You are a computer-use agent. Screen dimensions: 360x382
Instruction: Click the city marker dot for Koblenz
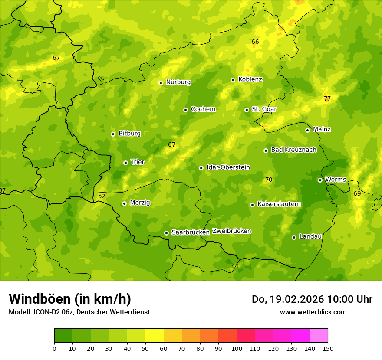pyautogui.click(x=233, y=80)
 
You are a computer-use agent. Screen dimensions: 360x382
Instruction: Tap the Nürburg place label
pyautogui.click(x=178, y=82)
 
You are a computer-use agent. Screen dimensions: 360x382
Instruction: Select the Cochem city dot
pyautogui.click(x=185, y=110)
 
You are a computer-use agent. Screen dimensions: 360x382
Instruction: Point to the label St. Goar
pyautogui.click(x=264, y=109)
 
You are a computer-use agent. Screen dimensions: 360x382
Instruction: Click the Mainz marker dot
pyautogui.click(x=307, y=130)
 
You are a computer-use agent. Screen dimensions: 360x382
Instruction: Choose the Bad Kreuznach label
pyautogui.click(x=293, y=150)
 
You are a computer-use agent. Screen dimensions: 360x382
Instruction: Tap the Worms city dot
pyautogui.click(x=320, y=180)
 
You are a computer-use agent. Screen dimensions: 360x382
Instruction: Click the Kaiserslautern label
pyautogui.click(x=279, y=204)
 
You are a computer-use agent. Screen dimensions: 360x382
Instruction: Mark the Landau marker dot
pyautogui.click(x=294, y=237)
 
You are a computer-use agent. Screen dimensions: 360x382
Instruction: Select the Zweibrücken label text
pyautogui.click(x=231, y=231)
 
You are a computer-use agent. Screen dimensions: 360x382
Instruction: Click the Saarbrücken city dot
pyautogui.click(x=166, y=233)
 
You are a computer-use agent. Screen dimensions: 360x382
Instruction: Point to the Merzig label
pyautogui.click(x=140, y=203)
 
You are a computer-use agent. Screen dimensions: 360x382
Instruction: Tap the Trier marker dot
pyautogui.click(x=125, y=163)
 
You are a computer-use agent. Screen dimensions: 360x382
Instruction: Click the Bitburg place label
pyautogui.click(x=129, y=134)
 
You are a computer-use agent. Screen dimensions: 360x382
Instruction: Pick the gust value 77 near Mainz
pyautogui.click(x=327, y=98)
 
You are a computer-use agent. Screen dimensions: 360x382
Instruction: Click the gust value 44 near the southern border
pyautogui.click(x=235, y=266)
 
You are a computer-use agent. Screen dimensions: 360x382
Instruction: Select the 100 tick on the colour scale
pyautogui.click(x=237, y=348)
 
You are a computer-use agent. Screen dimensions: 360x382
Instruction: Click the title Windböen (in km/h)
pyautogui.click(x=70, y=299)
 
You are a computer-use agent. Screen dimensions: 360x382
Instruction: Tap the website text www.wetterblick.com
pyautogui.click(x=313, y=312)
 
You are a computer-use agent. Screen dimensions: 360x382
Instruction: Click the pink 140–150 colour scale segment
pyautogui.click(x=319, y=335)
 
